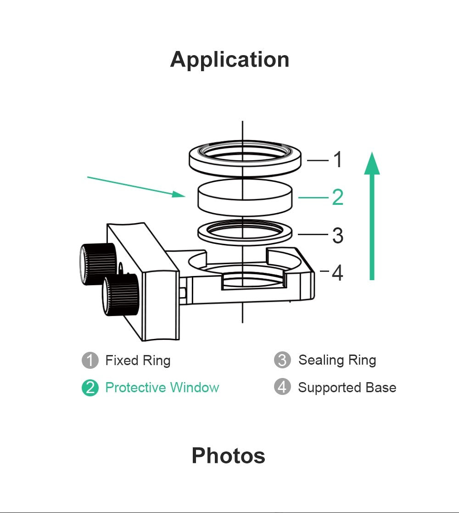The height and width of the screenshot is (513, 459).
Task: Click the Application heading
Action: pos(229,60)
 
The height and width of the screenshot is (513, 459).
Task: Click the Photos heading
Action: pos(228,456)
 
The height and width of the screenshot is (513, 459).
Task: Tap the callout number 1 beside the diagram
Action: pos(337,160)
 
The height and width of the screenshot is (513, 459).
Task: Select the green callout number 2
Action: pos(337,197)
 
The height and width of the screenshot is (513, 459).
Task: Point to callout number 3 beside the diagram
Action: pos(337,236)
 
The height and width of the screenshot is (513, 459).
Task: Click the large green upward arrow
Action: pos(372,216)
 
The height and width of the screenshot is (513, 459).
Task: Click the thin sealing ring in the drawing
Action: pos(245,236)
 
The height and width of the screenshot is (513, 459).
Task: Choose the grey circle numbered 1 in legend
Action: pos(90,361)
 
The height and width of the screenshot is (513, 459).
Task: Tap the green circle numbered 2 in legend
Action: pos(90,388)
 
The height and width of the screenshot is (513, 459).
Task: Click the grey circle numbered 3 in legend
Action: pos(282,361)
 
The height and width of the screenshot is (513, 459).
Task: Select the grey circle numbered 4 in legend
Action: pos(282,388)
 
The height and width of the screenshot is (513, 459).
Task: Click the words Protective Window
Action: pos(162,388)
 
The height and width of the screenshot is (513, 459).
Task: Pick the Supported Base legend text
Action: pos(347,388)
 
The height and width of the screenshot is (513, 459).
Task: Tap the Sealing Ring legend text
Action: pos(337,361)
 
